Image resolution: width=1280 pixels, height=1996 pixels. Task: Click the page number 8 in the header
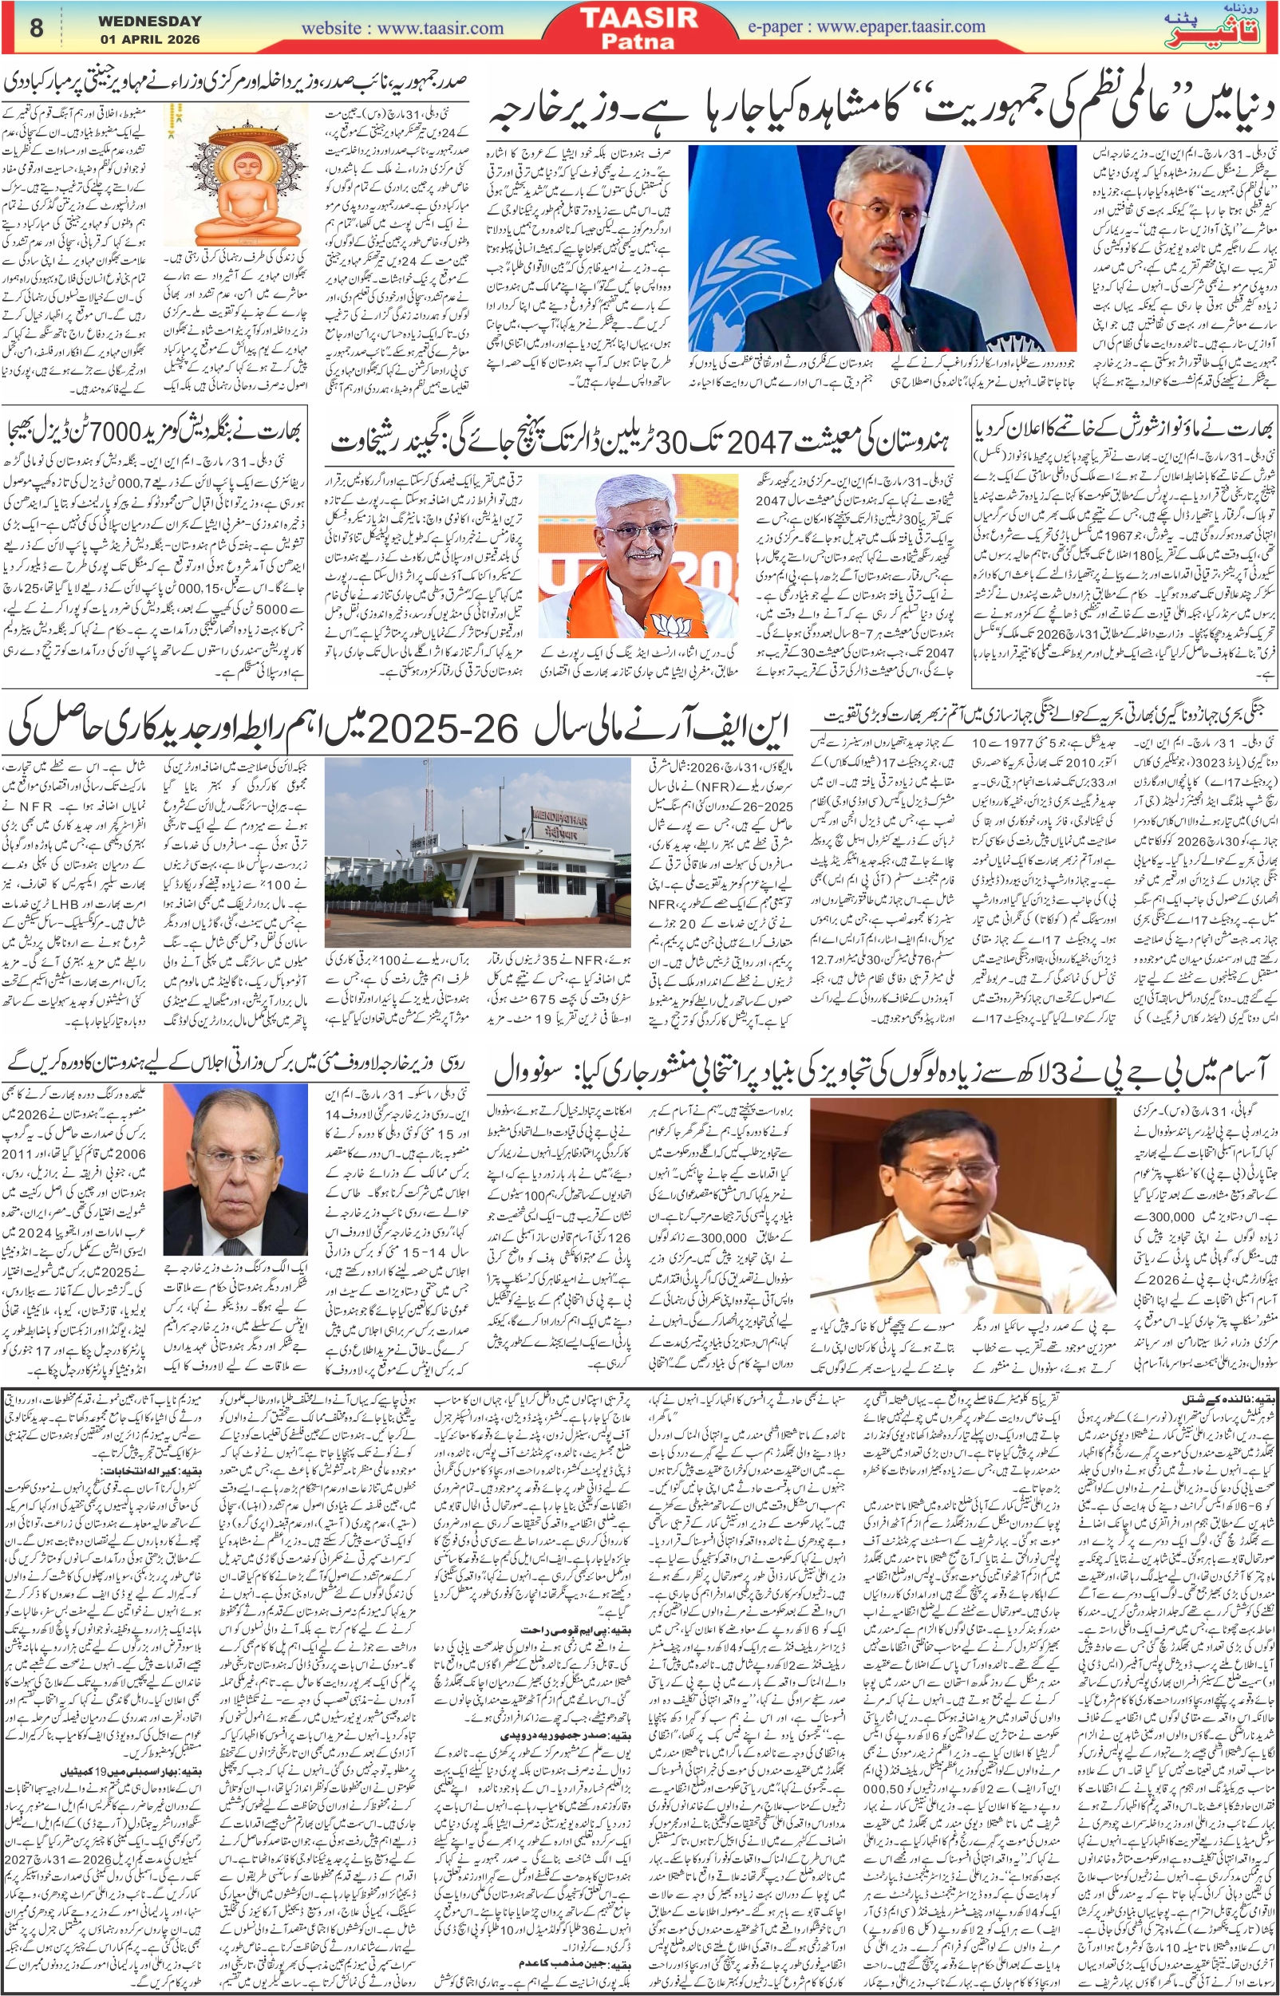36,27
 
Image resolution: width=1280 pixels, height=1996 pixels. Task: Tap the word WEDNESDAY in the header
149,21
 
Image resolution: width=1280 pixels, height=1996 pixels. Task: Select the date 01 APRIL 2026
149,39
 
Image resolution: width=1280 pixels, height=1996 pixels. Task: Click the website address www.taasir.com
402,28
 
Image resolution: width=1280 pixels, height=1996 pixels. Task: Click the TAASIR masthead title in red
639,18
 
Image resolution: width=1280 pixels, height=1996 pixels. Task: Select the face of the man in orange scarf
641,527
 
